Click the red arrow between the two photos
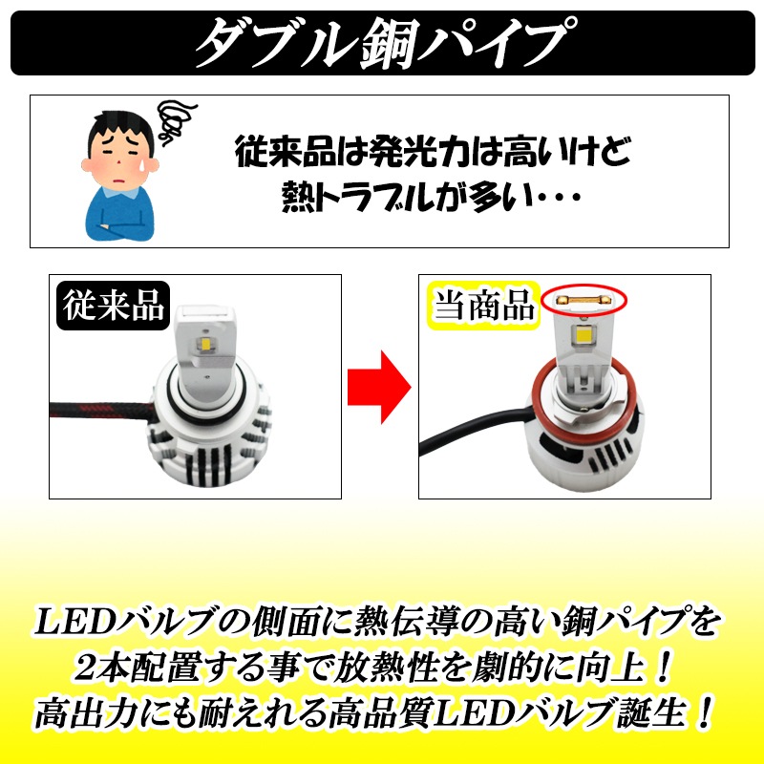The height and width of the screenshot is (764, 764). coord(379,387)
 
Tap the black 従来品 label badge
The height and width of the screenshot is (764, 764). coord(113,306)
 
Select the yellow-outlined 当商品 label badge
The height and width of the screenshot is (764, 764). coord(483,306)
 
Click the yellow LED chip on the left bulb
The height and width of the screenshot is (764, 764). coord(206,344)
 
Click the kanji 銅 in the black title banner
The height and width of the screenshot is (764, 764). coord(389,43)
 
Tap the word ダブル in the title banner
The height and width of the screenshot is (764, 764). coord(275,43)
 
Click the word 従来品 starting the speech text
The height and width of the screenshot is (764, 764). coord(284,152)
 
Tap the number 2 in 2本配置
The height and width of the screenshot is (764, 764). coord(88,668)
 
